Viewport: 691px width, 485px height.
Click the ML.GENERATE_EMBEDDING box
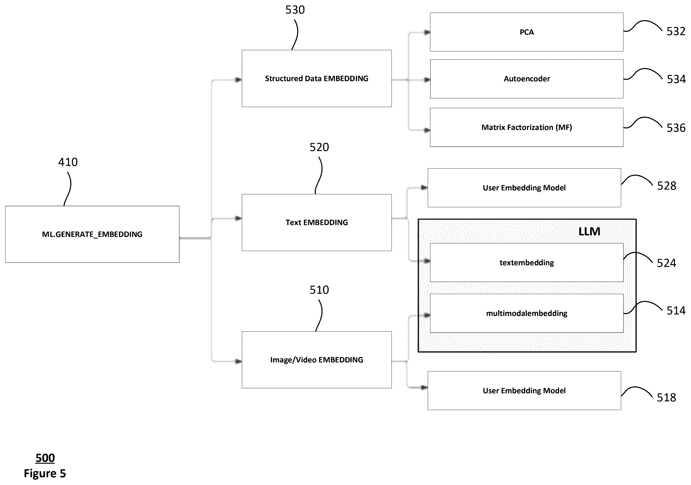[x=92, y=234]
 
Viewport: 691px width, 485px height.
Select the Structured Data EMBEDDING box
[x=317, y=79]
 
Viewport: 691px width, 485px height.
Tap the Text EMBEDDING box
[x=317, y=222]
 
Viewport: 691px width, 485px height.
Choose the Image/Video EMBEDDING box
[x=317, y=360]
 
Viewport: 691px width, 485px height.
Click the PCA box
[x=527, y=32]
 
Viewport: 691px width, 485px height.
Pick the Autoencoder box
[x=527, y=79]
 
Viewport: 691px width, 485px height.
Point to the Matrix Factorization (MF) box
[x=527, y=127]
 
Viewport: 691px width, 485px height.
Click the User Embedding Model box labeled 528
[x=524, y=188]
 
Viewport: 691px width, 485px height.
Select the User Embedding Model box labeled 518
[x=524, y=391]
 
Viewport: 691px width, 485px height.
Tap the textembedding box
[x=527, y=263]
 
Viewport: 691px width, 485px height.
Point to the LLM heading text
[x=589, y=232]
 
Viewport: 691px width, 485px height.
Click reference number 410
[x=68, y=162]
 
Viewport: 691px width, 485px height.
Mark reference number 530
[x=295, y=10]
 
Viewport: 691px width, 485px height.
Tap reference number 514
[x=676, y=310]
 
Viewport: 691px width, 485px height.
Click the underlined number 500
[x=45, y=458]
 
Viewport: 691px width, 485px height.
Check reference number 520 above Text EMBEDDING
[x=319, y=147]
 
